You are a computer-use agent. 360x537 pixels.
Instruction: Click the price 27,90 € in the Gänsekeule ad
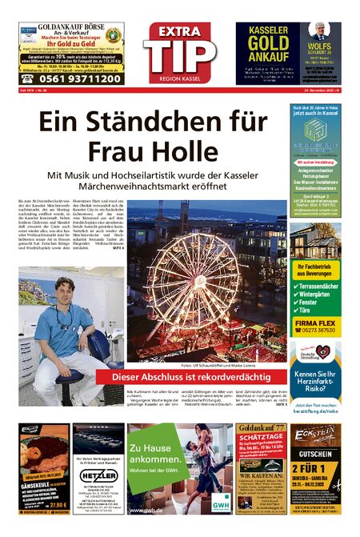[58, 505]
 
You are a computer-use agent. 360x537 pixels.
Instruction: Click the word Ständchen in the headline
[144, 126]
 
